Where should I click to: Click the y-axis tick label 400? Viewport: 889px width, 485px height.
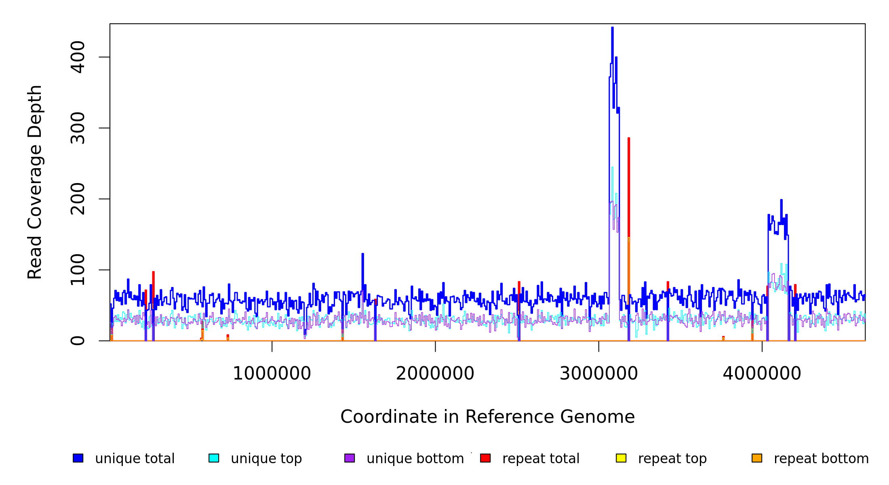(78, 57)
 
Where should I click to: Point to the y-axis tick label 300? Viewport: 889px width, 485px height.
(78, 128)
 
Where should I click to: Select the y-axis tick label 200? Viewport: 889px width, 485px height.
(78, 199)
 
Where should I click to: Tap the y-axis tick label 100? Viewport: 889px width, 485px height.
(78, 270)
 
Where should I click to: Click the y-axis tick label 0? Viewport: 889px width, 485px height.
(78, 341)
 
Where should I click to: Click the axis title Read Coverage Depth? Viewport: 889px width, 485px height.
(35, 182)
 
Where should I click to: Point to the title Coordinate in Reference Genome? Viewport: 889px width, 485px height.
(487, 417)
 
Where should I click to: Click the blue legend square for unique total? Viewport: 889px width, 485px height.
(78, 458)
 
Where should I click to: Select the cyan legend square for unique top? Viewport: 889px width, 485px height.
(214, 458)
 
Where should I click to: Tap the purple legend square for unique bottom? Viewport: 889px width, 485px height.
(350, 458)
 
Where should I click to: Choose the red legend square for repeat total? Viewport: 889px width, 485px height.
(485, 458)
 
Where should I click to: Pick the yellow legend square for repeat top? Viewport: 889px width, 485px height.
(621, 458)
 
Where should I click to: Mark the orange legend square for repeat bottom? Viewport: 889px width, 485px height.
(757, 458)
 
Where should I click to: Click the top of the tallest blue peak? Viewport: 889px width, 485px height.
(612, 28)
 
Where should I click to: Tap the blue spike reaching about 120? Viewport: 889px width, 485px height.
(362, 255)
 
